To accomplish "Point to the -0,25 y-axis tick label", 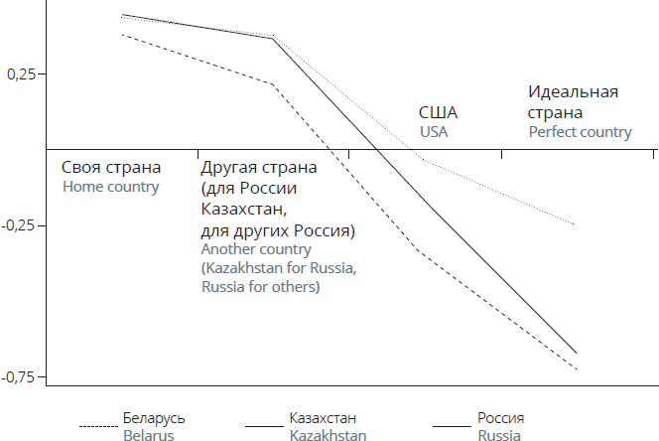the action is pyautogui.click(x=18, y=225).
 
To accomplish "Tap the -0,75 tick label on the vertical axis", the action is pyautogui.click(x=18, y=377).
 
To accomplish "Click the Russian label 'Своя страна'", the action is pyautogui.click(x=111, y=168).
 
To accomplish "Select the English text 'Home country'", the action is pyautogui.click(x=111, y=187).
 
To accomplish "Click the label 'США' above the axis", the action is pyautogui.click(x=438, y=113).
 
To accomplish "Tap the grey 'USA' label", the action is pyautogui.click(x=434, y=132).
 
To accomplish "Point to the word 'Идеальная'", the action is pyautogui.click(x=574, y=92).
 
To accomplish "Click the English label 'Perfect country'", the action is pyautogui.click(x=580, y=132).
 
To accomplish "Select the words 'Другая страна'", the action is pyautogui.click(x=259, y=168).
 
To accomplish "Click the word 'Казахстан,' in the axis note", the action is pyautogui.click(x=244, y=209).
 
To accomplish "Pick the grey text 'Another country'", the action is pyautogui.click(x=256, y=249).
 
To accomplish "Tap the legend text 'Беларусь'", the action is pyautogui.click(x=154, y=418).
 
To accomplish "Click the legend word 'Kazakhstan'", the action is pyautogui.click(x=328, y=435).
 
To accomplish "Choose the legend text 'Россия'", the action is pyautogui.click(x=500, y=418).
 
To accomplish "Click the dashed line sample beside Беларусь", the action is pyautogui.click(x=98, y=427).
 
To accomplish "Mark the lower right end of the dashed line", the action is pyautogui.click(x=577, y=369).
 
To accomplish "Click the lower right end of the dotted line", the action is pyautogui.click(x=574, y=224).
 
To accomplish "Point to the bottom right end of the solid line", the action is pyautogui.click(x=577, y=353).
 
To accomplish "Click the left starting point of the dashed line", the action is pyautogui.click(x=122, y=35).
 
